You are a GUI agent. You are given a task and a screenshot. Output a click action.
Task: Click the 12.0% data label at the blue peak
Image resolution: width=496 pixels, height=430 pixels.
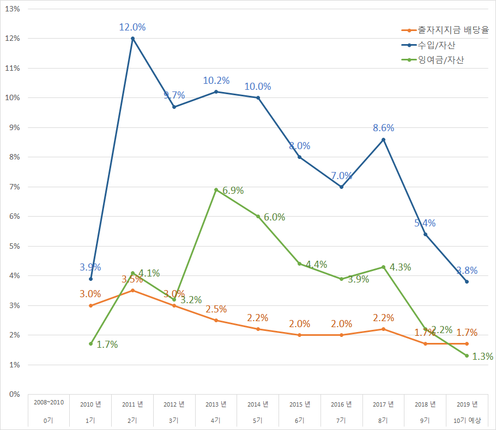coord(132,27)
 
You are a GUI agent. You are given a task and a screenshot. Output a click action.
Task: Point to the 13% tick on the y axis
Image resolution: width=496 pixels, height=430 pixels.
coord(13,9)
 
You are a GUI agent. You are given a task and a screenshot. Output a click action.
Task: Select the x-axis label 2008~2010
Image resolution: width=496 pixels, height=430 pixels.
coord(49,403)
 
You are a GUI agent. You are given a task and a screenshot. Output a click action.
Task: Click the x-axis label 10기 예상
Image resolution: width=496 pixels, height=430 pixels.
coord(467,421)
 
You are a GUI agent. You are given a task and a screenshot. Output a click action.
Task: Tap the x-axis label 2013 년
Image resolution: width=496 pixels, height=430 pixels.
coord(216,404)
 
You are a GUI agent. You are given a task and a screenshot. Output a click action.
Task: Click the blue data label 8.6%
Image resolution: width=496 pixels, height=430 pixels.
coord(383,128)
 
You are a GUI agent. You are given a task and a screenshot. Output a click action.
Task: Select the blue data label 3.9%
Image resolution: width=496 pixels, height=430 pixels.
coord(90,267)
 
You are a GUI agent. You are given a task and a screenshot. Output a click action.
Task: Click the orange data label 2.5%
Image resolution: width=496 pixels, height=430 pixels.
coord(216,309)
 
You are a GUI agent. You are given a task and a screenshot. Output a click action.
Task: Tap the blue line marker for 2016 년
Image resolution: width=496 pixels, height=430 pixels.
coord(342,187)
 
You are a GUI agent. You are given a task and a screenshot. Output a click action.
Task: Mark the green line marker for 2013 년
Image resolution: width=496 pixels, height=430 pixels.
coord(216,189)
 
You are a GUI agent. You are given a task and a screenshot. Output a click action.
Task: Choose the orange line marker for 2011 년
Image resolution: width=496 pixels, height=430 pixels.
coord(132,291)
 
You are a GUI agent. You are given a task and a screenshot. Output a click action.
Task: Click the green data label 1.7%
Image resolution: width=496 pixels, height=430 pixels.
coord(107,345)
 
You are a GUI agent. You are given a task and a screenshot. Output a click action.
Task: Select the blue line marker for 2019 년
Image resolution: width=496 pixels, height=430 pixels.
coord(467,281)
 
